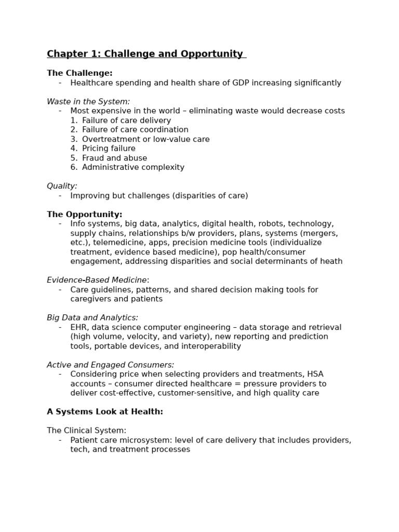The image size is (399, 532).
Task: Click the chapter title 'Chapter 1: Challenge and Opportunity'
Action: (x=145, y=54)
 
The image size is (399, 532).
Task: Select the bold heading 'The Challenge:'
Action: (x=79, y=73)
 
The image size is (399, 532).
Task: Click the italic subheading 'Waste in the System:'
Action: (x=88, y=102)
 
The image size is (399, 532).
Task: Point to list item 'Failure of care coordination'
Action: (x=135, y=130)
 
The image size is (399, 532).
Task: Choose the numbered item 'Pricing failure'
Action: (x=109, y=149)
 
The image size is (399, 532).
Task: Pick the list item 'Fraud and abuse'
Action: (x=114, y=158)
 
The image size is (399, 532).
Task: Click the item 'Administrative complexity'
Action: (x=133, y=167)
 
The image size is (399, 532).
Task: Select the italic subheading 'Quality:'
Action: (x=62, y=186)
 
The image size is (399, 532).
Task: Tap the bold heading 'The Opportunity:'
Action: (x=85, y=215)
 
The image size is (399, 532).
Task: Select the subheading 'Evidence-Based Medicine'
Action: (x=97, y=280)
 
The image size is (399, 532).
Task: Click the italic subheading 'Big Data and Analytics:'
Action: (x=92, y=318)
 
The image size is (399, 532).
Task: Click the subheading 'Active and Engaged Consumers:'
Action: (x=111, y=365)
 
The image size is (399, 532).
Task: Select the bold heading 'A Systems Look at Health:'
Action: (x=105, y=412)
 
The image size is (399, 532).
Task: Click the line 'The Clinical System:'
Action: (x=87, y=431)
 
